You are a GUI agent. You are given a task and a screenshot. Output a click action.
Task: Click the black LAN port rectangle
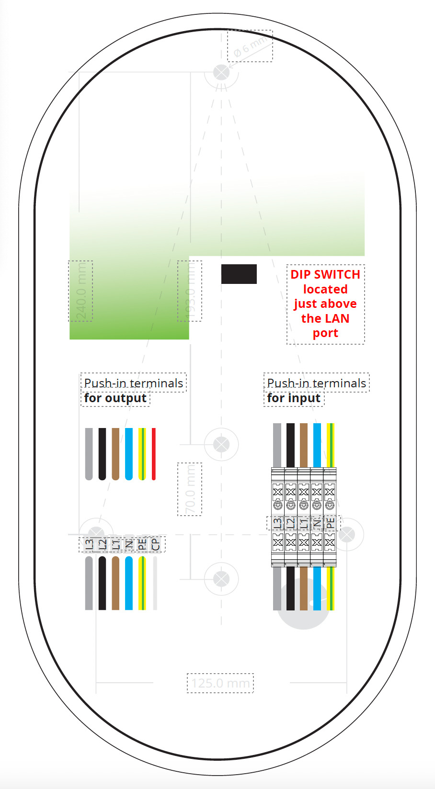point(239,274)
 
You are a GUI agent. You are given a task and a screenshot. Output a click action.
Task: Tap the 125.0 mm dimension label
point(220,683)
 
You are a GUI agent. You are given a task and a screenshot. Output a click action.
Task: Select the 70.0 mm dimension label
point(190,489)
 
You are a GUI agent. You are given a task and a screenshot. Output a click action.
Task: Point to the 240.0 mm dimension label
point(80,291)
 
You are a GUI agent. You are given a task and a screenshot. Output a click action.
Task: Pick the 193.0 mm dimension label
point(190,291)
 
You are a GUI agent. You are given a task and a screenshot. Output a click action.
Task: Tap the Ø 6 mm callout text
point(250,46)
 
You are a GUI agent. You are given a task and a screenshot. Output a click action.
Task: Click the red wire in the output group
point(154,453)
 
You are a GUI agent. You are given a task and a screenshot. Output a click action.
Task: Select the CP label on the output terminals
point(155,544)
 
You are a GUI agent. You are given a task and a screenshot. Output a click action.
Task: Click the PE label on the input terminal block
point(330,523)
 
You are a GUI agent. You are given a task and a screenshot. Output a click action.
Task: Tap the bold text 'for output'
point(115,398)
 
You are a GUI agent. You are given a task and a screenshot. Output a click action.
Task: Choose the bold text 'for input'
point(294,398)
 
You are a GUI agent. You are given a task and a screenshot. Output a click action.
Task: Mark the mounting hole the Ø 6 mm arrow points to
point(221,73)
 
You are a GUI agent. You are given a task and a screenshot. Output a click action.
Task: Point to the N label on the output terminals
point(128,544)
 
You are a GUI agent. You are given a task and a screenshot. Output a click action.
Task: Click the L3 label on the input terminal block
point(277,523)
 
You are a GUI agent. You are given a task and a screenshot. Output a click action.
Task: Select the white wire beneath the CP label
point(155,583)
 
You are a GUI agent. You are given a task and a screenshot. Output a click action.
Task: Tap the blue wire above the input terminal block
point(317,445)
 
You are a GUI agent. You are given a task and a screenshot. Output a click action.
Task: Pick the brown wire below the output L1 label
point(115,583)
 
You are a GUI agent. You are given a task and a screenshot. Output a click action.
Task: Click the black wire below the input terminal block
point(290,588)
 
